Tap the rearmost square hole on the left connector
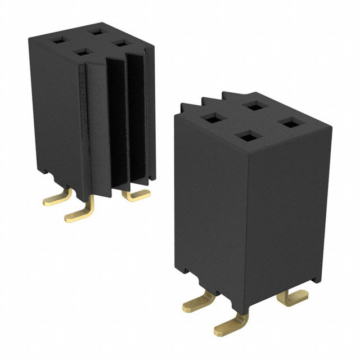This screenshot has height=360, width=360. (90, 31)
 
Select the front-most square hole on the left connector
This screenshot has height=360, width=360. (82, 52)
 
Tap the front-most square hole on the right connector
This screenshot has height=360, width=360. (244, 136)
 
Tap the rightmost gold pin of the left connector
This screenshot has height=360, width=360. (137, 195)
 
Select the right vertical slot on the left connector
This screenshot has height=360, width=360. (138, 112)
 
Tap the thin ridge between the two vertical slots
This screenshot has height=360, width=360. (128, 118)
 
